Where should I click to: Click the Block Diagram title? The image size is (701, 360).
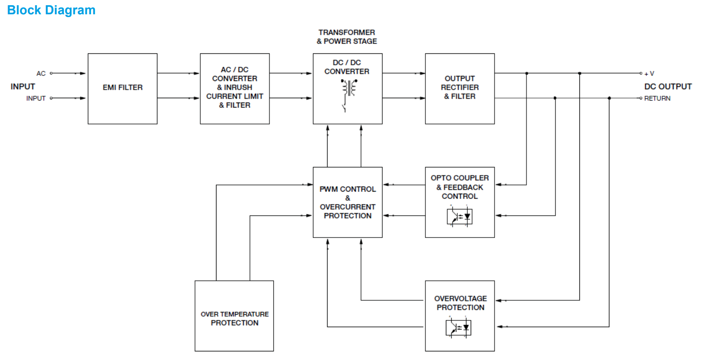pos(51,10)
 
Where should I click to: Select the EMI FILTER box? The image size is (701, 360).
pos(122,88)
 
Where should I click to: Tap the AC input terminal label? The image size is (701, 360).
pos(41,73)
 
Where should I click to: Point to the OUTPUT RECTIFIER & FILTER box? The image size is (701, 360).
pos(460,88)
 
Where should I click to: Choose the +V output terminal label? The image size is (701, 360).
pos(649,74)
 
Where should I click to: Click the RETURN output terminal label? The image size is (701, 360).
pos(657,99)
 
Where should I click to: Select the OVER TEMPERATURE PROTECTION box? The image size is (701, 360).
pos(234,318)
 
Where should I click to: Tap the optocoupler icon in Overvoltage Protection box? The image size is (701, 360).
pos(459,327)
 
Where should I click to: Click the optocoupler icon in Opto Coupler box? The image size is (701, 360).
pos(459,216)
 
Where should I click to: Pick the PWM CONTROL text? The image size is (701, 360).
pos(348,189)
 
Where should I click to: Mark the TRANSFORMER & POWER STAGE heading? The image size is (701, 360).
pos(347,37)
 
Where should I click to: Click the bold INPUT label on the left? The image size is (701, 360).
pos(23,87)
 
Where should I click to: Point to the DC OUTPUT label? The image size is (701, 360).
pos(668,87)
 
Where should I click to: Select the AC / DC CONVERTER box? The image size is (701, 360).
pos(235,88)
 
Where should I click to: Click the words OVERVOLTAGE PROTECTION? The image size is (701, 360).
pos(460,303)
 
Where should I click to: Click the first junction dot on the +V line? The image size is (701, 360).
pos(526,73)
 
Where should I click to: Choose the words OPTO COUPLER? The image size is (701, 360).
pos(460,178)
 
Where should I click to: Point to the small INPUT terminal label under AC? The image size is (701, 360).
pos(36,98)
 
